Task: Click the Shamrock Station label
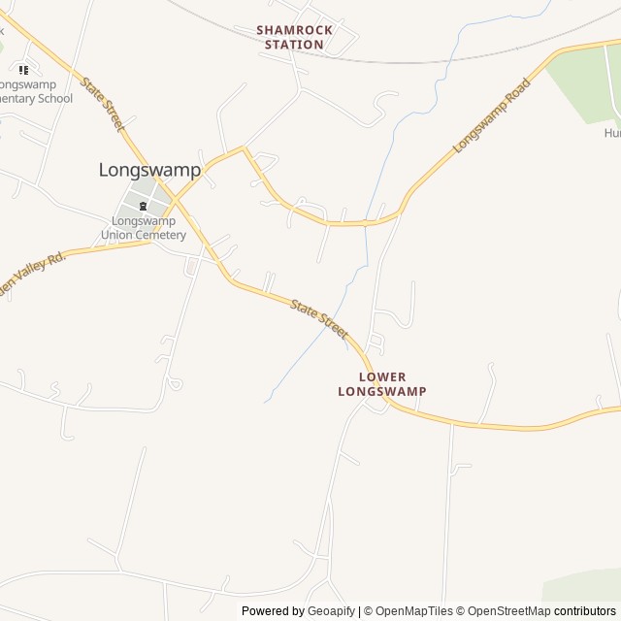pyautogui.click(x=294, y=37)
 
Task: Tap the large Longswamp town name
pyautogui.click(x=149, y=170)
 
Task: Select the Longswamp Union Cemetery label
pyautogui.click(x=143, y=228)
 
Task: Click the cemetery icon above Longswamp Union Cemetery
pyautogui.click(x=143, y=206)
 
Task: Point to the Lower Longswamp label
pyautogui.click(x=382, y=383)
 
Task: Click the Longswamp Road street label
pyautogui.click(x=493, y=115)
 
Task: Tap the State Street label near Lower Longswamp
pyautogui.click(x=319, y=318)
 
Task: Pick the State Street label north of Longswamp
pyautogui.click(x=103, y=106)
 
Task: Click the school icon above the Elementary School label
pyautogui.click(x=23, y=70)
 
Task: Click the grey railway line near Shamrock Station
pyautogui.click(x=408, y=61)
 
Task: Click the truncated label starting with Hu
pyautogui.click(x=611, y=133)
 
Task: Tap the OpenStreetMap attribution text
pyautogui.click(x=505, y=611)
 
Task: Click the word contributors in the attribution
pyautogui.click(x=585, y=611)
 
